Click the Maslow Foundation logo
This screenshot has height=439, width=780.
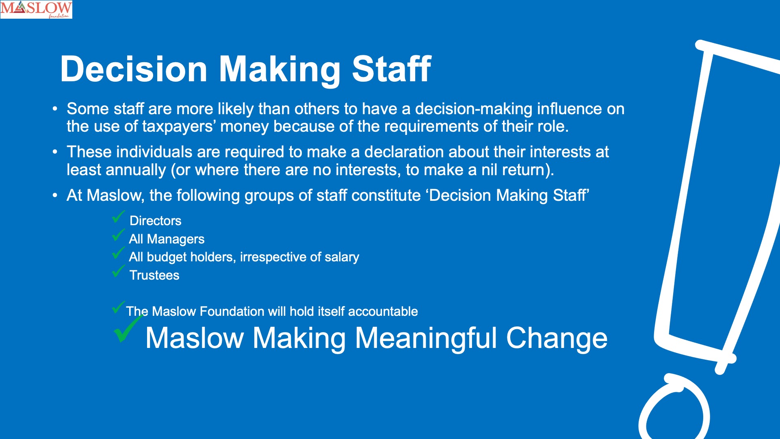36,9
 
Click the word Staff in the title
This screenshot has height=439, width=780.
391,69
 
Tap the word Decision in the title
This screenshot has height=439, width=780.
134,69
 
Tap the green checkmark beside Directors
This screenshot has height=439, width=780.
118,217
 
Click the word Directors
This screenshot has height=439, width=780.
155,221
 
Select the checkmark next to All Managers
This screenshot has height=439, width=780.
118,235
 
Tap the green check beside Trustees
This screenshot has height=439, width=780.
118,271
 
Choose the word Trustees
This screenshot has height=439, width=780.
154,275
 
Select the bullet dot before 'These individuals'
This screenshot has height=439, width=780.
55,152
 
